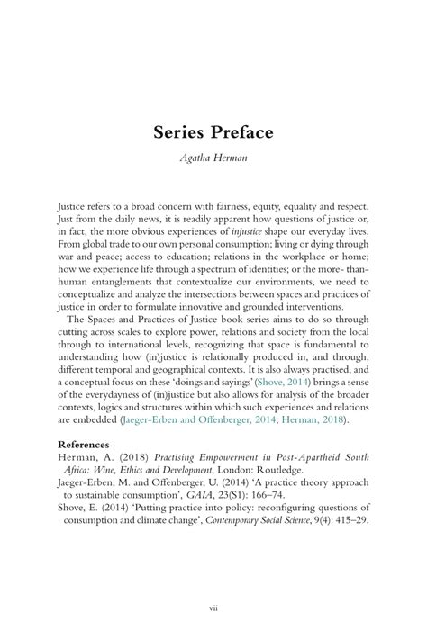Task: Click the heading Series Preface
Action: pyautogui.click(x=213, y=132)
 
